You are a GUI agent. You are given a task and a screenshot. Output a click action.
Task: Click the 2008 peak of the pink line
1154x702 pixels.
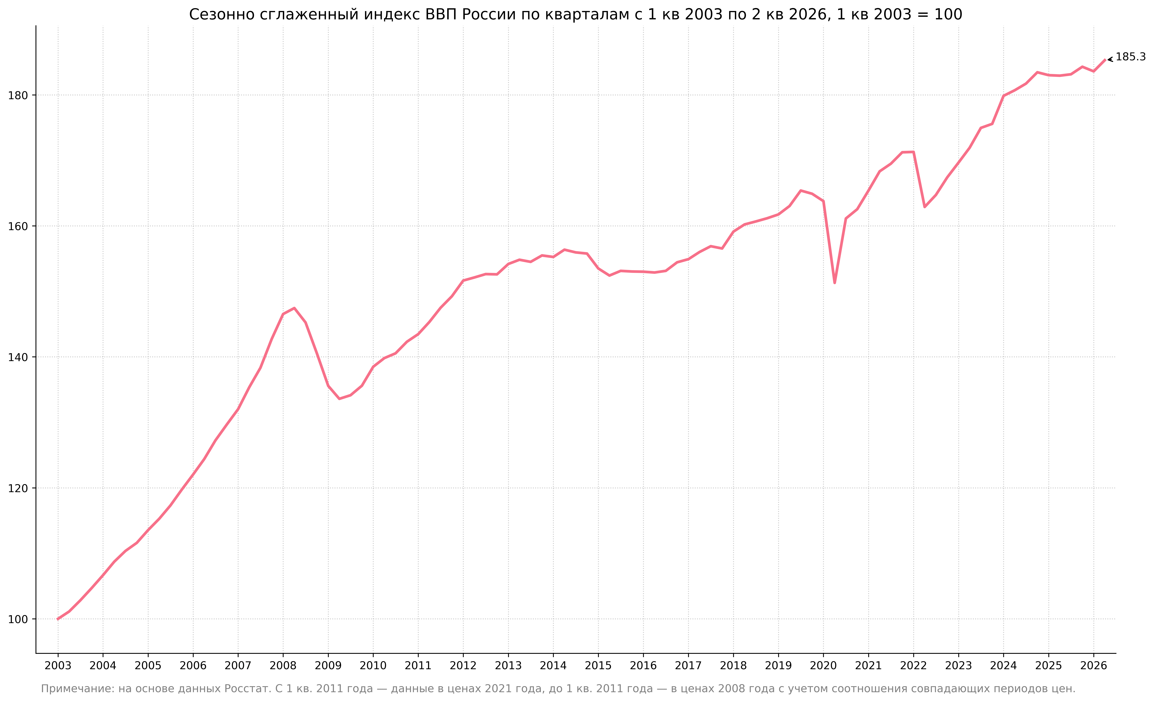(294, 308)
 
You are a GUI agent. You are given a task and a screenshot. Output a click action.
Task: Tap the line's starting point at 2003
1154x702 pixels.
(58, 619)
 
